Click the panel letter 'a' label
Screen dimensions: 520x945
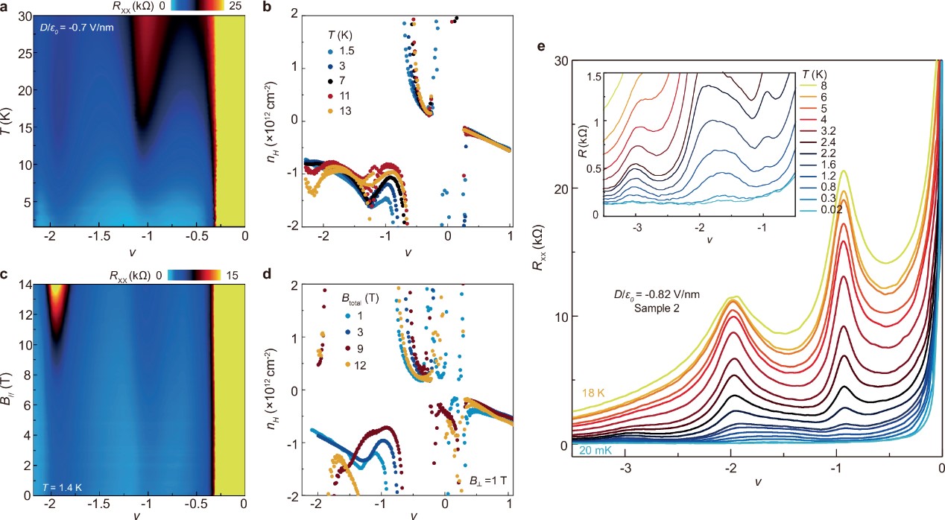pos(6,7)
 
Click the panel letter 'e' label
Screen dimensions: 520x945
pos(541,46)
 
